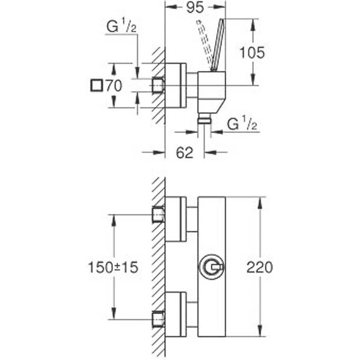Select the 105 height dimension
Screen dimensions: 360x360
252,52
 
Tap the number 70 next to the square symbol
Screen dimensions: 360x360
113,85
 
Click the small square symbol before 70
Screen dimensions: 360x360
96,85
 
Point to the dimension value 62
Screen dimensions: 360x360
184,153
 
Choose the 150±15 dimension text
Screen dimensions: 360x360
113,267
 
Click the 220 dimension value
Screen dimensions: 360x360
259,267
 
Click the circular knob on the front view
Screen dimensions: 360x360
212,268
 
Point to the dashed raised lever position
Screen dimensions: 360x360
203,40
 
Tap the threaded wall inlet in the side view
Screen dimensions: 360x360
158,85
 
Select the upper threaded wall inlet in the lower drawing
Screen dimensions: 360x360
158,214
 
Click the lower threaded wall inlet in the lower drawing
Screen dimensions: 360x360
158,319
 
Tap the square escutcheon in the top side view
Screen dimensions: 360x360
176,85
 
